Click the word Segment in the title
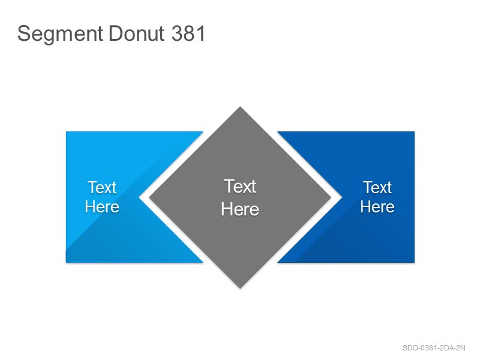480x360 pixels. coord(60,34)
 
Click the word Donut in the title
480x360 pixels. coord(137,34)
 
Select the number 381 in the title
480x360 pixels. coord(188,34)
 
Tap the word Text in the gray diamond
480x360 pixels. coord(239,186)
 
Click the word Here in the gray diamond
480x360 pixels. coord(240,209)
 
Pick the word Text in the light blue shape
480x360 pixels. coord(102,187)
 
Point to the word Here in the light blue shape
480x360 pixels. coord(102,206)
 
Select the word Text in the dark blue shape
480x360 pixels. coord(377,187)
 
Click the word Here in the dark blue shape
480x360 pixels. coord(377,206)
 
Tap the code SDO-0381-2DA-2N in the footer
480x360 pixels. coord(434,348)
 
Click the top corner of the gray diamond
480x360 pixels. coord(240,107)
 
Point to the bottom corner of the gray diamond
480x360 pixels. coord(240,288)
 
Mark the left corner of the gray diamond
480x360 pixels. coord(149,197)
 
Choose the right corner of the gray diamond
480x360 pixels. coord(331,197)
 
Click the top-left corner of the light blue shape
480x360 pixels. coord(66,132)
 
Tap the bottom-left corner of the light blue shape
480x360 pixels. coord(66,262)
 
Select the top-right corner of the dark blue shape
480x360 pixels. coord(414,132)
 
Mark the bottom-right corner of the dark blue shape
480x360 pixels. coord(414,262)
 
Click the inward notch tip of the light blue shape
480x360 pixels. coord(139,197)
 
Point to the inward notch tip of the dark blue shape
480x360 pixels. coord(341,197)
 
